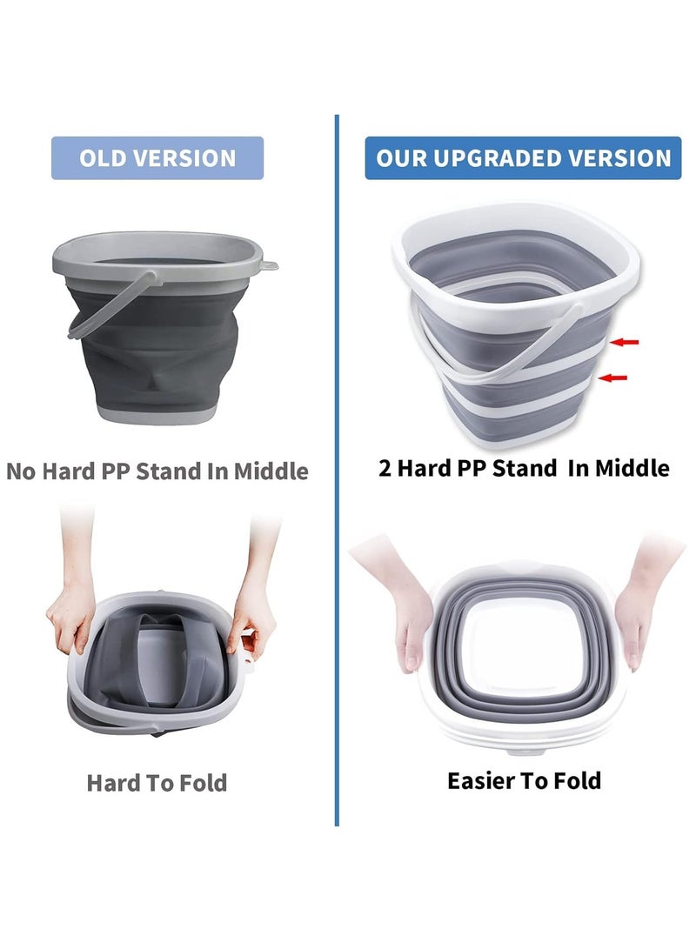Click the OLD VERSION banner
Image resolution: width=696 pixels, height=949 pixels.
point(157,158)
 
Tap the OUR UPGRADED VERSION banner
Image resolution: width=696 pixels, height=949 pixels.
point(523,158)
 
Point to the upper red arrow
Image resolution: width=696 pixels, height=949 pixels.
point(625,342)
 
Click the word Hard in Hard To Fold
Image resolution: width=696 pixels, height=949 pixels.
point(113,783)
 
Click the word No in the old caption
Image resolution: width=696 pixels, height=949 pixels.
point(21,471)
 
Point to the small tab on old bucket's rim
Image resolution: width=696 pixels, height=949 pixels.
point(269,264)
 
